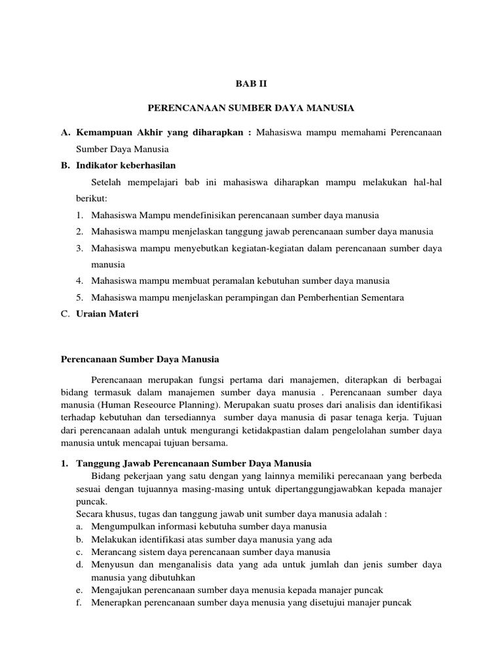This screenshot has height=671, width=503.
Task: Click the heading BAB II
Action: click(251, 84)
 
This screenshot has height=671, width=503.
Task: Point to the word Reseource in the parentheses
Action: click(151, 405)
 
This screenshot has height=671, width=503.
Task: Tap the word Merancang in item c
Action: click(106, 552)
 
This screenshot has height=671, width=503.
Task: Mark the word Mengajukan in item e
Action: click(110, 590)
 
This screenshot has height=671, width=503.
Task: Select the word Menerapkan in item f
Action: click(110, 603)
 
